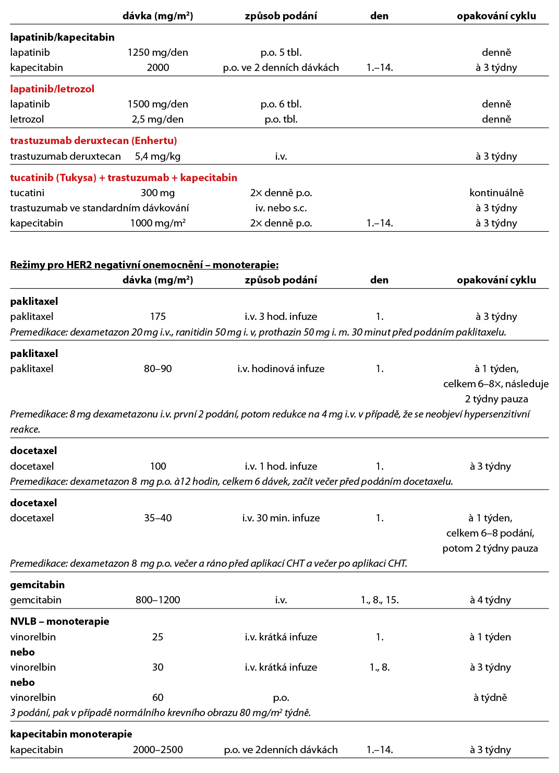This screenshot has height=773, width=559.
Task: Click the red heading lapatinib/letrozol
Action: (x=52, y=89)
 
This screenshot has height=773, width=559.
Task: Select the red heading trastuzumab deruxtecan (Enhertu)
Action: (x=93, y=140)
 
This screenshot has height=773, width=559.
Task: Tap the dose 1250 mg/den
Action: (x=157, y=52)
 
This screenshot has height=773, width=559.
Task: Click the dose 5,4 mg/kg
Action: (x=157, y=156)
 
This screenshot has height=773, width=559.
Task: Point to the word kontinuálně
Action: (x=496, y=193)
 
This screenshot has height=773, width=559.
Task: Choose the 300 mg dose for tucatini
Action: (x=157, y=193)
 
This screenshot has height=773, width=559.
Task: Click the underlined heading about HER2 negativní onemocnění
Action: (x=144, y=265)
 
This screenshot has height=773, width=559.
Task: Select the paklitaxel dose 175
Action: (x=157, y=316)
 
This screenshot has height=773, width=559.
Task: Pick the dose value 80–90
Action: (x=157, y=368)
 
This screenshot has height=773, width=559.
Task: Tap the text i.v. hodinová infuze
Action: (x=281, y=368)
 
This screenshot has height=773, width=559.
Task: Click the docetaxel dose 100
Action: (x=157, y=466)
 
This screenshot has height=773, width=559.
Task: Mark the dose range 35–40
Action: (x=157, y=518)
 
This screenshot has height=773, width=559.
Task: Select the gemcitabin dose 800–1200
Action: (x=157, y=600)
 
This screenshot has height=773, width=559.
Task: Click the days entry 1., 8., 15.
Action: (x=379, y=600)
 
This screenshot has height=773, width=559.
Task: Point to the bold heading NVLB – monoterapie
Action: (x=59, y=621)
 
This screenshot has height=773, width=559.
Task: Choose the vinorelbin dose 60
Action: (x=157, y=697)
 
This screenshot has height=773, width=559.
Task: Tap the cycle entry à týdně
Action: (x=490, y=697)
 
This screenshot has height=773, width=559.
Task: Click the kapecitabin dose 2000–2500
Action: (x=157, y=750)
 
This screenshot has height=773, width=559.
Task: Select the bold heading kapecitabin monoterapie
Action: (x=71, y=734)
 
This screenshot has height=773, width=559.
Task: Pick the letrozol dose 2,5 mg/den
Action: (x=157, y=119)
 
